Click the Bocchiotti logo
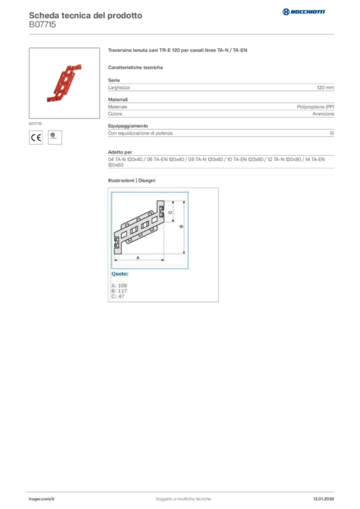pyautogui.click(x=304, y=11)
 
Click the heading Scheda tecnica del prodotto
pyautogui.click(x=85, y=15)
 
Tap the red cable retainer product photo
pyautogui.click(x=65, y=83)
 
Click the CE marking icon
pyautogui.click(x=36, y=138)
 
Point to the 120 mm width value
pyautogui.click(x=325, y=87)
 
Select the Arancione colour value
pyautogui.click(x=323, y=114)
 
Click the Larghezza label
pyautogui.click(x=119, y=87)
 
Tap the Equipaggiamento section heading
pyautogui.click(x=128, y=126)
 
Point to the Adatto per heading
pyautogui.click(x=120, y=152)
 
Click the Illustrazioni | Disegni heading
pyautogui.click(x=132, y=180)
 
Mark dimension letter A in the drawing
pyautogui.click(x=138, y=257)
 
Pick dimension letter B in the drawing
pyautogui.click(x=181, y=226)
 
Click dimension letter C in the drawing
pyautogui.click(x=170, y=212)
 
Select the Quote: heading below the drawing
pyautogui.click(x=120, y=274)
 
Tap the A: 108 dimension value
pyautogui.click(x=119, y=285)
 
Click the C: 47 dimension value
pyautogui.click(x=118, y=296)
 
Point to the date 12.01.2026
pyautogui.click(x=323, y=499)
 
